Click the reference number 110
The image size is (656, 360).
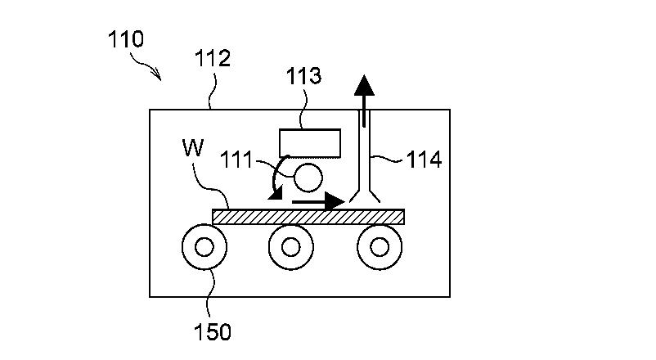pyautogui.click(x=125, y=39)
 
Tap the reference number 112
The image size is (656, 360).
pyautogui.click(x=213, y=58)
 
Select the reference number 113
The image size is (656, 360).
pyautogui.click(x=303, y=76)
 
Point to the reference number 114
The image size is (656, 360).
pyautogui.click(x=424, y=160)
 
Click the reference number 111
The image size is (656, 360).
pyautogui.click(x=236, y=160)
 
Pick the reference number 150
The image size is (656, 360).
pyautogui.click(x=213, y=332)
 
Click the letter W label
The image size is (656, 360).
pyautogui.click(x=193, y=147)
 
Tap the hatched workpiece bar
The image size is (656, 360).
pyautogui.click(x=308, y=217)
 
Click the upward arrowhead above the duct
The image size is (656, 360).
pyautogui.click(x=364, y=85)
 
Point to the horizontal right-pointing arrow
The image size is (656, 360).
pyautogui.click(x=318, y=202)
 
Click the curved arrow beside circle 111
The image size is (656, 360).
pyautogui.click(x=274, y=176)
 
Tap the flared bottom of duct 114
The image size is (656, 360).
pyautogui.click(x=365, y=196)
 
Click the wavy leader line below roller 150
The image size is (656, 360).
pyautogui.click(x=212, y=295)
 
